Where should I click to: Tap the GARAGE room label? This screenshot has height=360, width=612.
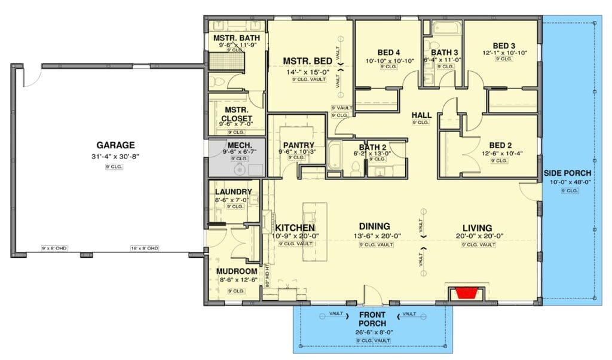click(x=115, y=145)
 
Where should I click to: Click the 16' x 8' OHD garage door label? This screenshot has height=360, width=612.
click(x=145, y=248)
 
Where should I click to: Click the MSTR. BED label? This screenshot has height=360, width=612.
click(x=307, y=61)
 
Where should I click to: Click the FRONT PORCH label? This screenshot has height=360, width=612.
click(x=372, y=319)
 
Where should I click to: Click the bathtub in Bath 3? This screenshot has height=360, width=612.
click(x=444, y=28)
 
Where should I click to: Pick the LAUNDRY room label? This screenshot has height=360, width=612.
click(x=233, y=191)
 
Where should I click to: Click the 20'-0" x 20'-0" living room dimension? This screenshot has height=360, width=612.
click(x=477, y=237)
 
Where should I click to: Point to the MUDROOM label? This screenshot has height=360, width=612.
click(x=237, y=271)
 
